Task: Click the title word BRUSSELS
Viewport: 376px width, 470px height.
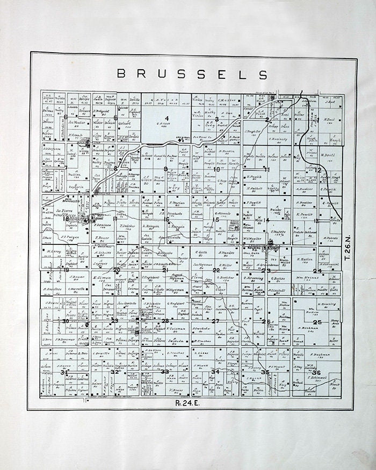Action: (x=192, y=74)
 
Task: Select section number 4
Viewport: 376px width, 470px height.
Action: (x=167, y=118)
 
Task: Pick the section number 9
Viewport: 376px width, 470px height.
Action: (x=165, y=169)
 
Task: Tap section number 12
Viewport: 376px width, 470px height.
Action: (x=318, y=170)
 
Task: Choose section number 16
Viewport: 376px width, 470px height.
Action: (x=167, y=219)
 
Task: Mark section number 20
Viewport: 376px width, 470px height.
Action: (x=117, y=270)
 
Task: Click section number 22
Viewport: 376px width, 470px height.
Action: (x=216, y=270)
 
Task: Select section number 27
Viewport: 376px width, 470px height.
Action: (x=216, y=321)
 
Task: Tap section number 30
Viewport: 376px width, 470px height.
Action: (x=66, y=321)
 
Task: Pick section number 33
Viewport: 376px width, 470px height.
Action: (x=165, y=372)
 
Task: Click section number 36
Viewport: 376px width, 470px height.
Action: (x=316, y=373)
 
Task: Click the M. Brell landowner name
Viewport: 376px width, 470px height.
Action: (x=328, y=156)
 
